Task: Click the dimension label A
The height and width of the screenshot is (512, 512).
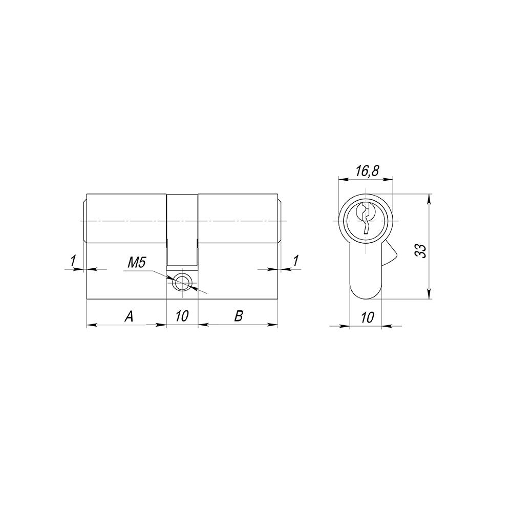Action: click(130, 316)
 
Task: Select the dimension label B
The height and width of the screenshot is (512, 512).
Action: click(239, 316)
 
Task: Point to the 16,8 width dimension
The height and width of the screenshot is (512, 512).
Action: click(367, 171)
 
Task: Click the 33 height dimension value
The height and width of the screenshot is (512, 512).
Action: click(421, 251)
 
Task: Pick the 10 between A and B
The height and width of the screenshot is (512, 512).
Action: click(182, 316)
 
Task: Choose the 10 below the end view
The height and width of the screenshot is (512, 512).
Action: click(367, 317)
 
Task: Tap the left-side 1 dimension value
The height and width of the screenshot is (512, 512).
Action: click(73, 261)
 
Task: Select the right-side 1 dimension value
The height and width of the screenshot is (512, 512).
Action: click(295, 261)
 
